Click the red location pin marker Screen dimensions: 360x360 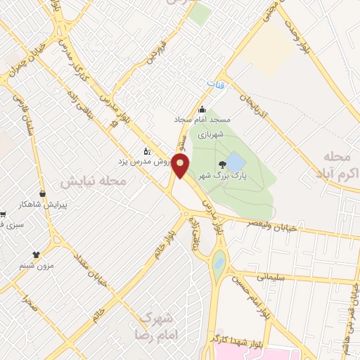click(x=181, y=166)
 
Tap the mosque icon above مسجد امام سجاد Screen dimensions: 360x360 click(x=202, y=109)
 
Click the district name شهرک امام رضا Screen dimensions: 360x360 click(x=155, y=325)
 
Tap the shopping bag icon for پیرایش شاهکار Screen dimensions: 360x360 click(x=43, y=193)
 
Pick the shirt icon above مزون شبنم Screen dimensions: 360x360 click(x=37, y=255)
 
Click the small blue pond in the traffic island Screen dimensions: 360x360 click(x=219, y=264)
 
